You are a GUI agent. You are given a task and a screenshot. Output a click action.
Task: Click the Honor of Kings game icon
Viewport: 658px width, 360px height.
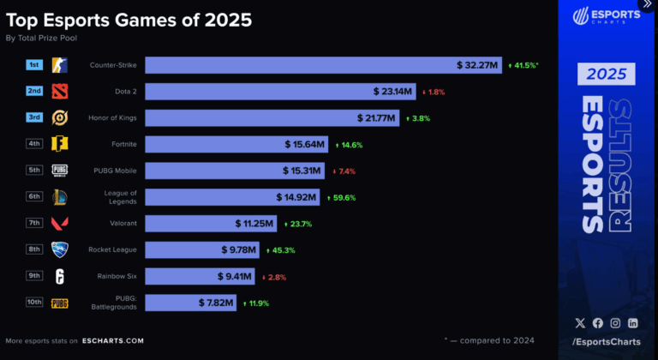coord(59,117)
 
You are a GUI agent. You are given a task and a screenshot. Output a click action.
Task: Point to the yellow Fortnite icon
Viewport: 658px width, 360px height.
coord(59,144)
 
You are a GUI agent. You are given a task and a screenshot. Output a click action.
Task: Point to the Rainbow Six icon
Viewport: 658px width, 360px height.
coord(59,277)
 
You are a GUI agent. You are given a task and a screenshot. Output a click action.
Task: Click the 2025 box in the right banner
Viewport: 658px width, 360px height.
coord(606,75)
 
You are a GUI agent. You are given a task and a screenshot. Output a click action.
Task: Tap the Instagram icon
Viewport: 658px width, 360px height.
coord(615,323)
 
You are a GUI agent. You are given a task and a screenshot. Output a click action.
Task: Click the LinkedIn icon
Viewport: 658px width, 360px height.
coord(632,323)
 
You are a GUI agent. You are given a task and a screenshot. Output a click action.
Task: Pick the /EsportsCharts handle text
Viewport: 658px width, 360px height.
coord(607,342)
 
